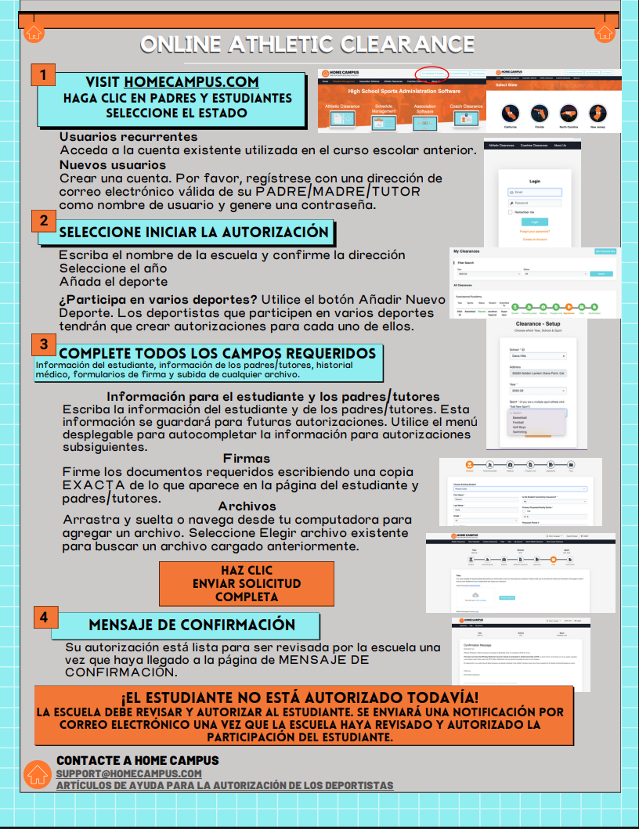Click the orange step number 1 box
coord(44,75)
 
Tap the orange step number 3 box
coord(44,344)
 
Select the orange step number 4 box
coord(44,617)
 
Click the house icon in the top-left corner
coord(33,33)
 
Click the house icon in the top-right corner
coord(605,33)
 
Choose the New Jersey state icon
coord(597,114)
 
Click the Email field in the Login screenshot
coord(535,192)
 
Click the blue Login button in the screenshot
coord(534,222)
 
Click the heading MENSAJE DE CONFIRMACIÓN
coord(192,625)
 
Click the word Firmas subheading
coord(247,459)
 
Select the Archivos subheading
coord(247,506)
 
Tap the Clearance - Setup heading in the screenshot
coord(536,323)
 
